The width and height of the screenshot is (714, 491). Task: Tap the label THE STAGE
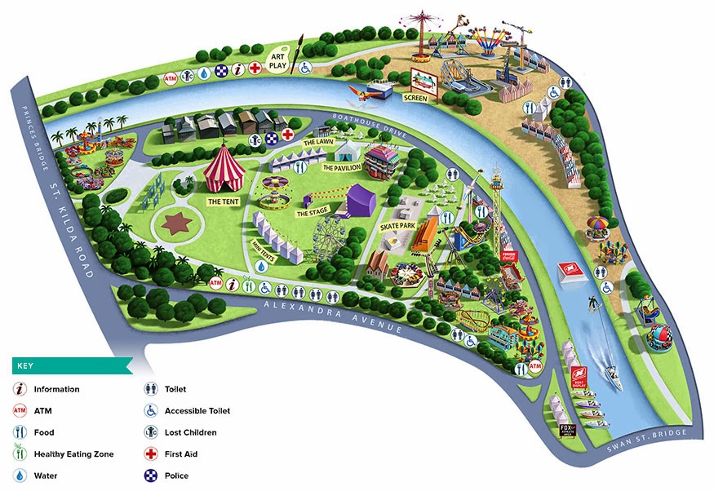[x=312, y=213]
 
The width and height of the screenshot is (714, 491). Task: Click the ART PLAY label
[x=280, y=54]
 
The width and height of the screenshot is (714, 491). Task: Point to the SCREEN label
[x=415, y=98]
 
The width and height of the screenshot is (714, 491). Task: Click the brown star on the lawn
[x=175, y=222]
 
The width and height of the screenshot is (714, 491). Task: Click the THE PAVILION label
[x=340, y=167]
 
